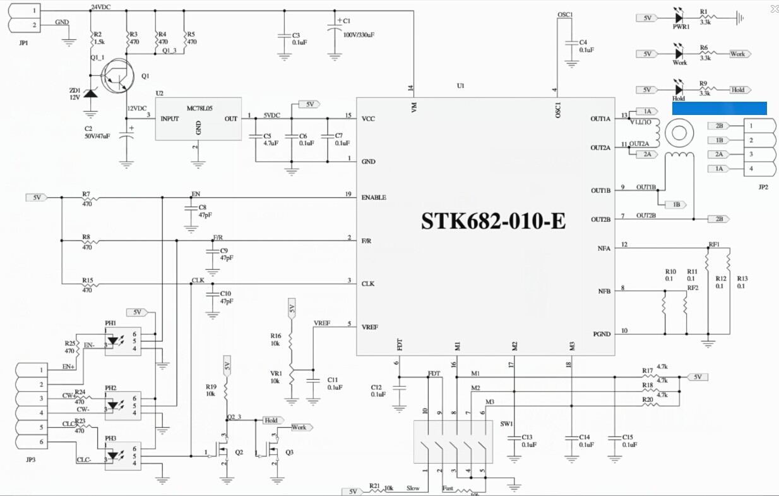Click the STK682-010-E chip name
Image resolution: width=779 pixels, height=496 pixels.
click(x=493, y=221)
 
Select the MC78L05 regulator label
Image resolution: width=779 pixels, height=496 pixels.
click(x=199, y=108)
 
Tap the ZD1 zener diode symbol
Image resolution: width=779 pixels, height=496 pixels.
click(x=91, y=94)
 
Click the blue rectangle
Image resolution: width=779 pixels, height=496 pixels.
click(x=719, y=108)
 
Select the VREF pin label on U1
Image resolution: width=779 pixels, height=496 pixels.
click(x=370, y=327)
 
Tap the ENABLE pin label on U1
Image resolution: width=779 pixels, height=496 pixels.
click(x=374, y=197)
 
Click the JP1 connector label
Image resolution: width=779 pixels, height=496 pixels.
click(x=24, y=43)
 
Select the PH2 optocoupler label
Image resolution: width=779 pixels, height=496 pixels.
click(x=110, y=387)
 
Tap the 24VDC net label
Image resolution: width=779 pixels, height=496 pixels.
click(x=101, y=7)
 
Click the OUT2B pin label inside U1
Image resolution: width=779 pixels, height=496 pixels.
click(x=600, y=219)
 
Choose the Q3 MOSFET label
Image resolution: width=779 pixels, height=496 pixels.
click(x=289, y=452)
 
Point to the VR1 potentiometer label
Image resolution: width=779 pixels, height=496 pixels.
click(x=275, y=373)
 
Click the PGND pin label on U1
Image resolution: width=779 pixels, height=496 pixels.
click(x=602, y=334)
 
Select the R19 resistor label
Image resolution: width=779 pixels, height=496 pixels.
click(x=211, y=386)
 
